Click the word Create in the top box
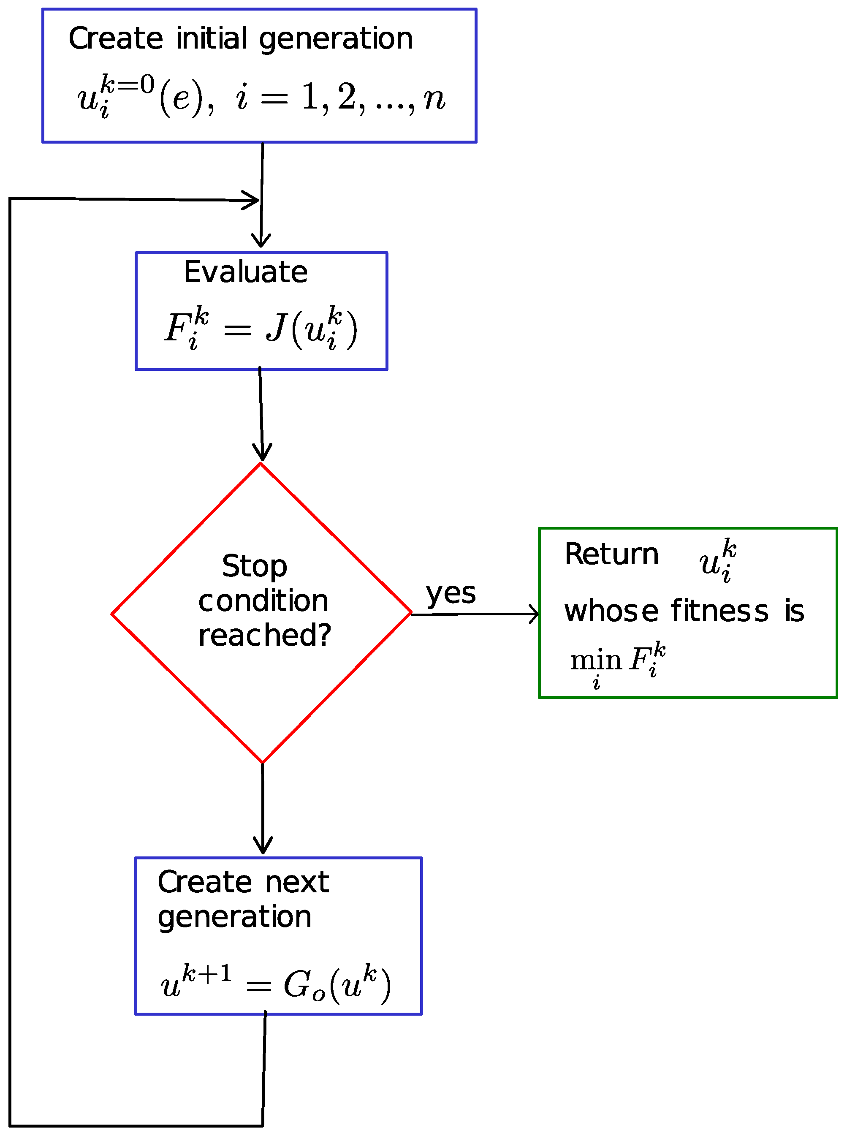click(x=116, y=39)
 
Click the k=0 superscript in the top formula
click(x=128, y=84)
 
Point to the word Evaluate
click(x=246, y=272)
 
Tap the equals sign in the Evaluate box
click(x=237, y=331)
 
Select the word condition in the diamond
click(x=263, y=601)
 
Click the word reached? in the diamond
click(x=265, y=636)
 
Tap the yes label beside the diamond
click(x=451, y=593)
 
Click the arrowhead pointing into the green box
click(x=534, y=614)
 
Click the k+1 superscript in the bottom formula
click(x=207, y=973)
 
